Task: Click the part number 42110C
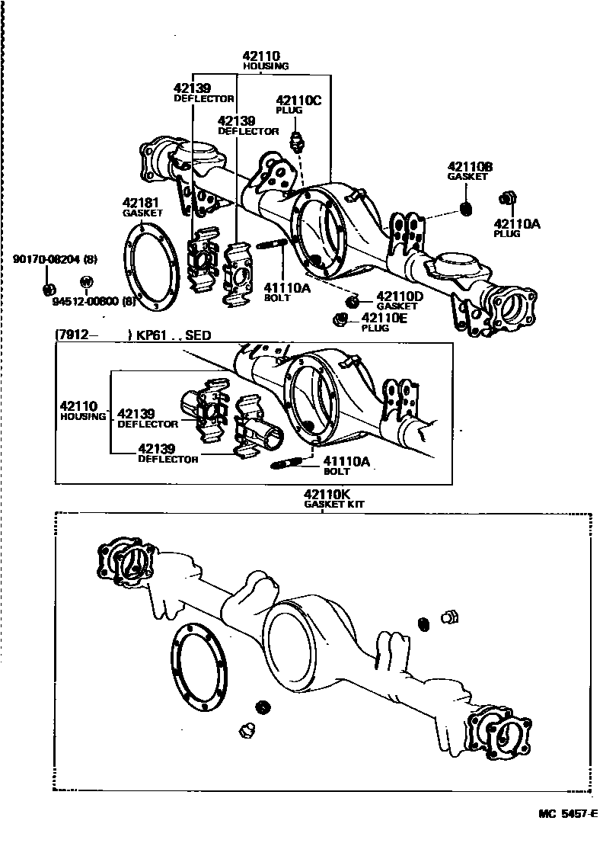pos(289,100)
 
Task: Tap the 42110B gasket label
pos(469,167)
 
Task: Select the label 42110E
pos(385,318)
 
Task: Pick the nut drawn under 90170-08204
pos(47,289)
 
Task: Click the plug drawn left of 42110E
pos(340,319)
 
